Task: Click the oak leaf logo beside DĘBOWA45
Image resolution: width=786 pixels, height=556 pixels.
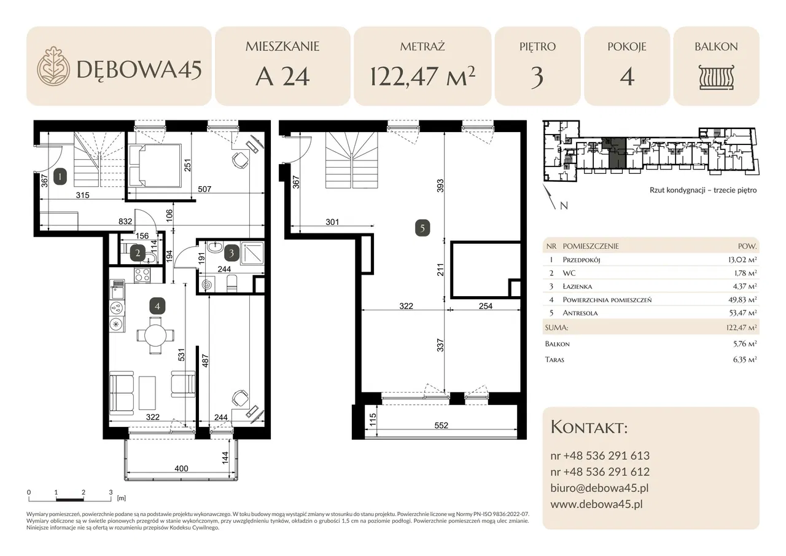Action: (x=53, y=66)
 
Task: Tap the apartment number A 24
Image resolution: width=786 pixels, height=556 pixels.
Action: (x=282, y=77)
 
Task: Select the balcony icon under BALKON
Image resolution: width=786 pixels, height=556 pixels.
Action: (x=716, y=77)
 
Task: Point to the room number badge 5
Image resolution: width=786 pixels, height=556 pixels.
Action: (x=422, y=228)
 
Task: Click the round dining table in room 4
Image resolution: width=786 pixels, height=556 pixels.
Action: (x=155, y=335)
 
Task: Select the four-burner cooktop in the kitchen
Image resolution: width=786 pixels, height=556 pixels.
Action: (x=142, y=275)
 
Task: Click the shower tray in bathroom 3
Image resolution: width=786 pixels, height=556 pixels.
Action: (x=252, y=253)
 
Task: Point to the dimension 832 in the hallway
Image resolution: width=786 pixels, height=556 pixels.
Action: (x=125, y=221)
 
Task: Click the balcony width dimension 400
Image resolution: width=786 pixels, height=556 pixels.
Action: (x=181, y=468)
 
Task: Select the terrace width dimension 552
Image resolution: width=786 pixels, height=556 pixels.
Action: (x=441, y=425)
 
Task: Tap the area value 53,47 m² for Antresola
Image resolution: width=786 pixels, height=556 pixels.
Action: (x=742, y=313)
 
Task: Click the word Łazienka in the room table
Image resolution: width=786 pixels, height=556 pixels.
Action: (x=577, y=286)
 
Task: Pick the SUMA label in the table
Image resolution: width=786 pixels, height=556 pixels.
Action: (x=556, y=328)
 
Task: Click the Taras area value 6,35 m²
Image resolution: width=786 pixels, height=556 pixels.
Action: (x=744, y=359)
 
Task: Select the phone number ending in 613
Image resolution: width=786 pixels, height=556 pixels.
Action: (x=600, y=456)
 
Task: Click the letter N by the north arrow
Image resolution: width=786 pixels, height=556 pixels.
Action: (x=564, y=206)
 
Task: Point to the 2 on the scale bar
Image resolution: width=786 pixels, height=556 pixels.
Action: (x=83, y=492)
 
